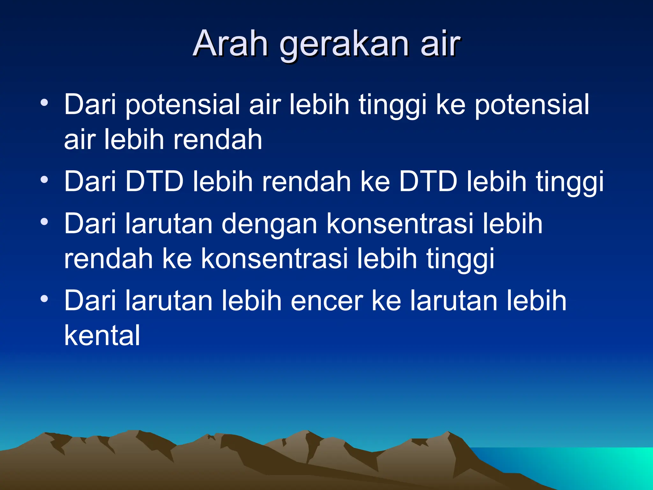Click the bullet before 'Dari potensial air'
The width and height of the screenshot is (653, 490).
point(44,103)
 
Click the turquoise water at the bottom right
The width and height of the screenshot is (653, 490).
point(590,466)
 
